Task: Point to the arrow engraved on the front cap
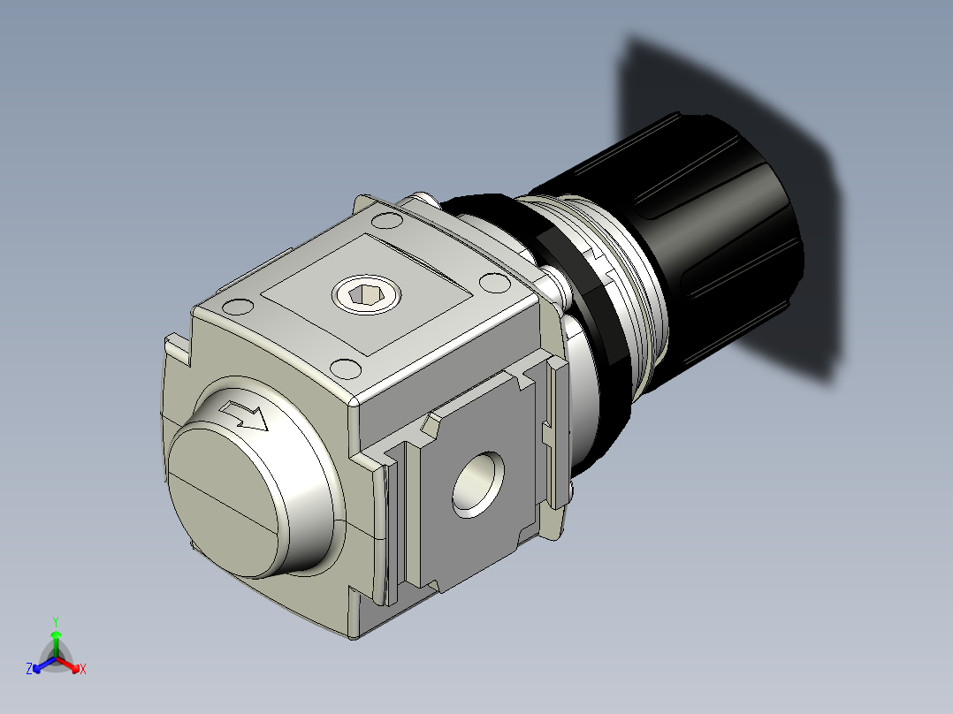tap(245, 415)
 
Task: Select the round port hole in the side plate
tap(478, 483)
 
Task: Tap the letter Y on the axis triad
tap(55, 620)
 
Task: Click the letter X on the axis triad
tap(83, 669)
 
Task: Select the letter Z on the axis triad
tap(29, 670)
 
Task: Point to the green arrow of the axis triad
tap(55, 638)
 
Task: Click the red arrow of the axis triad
tap(71, 664)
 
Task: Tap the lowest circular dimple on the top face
tap(346, 366)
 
